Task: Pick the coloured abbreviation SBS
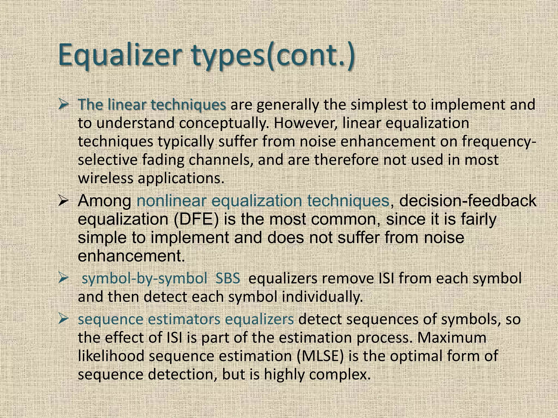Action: tap(228, 279)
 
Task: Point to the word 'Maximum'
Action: tap(452, 338)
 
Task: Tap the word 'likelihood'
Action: tap(111, 356)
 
